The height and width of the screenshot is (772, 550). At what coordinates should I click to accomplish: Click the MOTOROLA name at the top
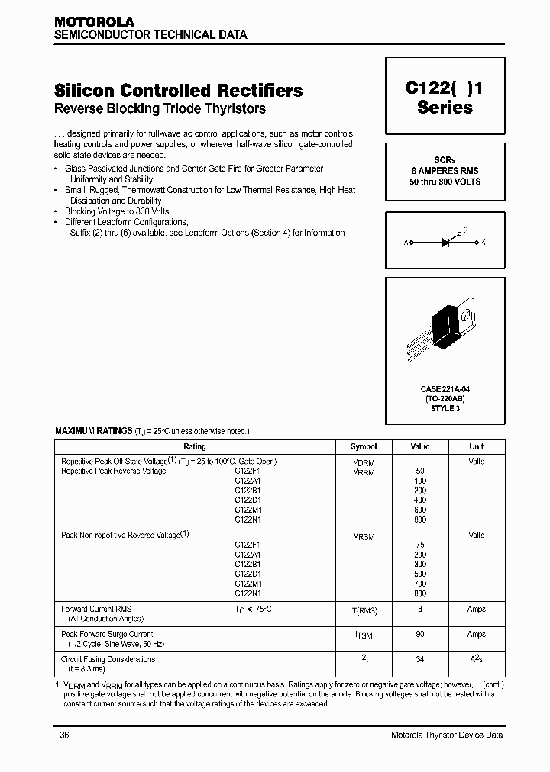click(94, 23)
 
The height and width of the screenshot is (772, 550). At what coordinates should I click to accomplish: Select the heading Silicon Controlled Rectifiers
click(179, 90)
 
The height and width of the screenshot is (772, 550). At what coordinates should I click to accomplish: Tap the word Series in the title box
click(445, 108)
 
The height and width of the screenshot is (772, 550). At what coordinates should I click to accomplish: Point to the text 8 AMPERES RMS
click(445, 171)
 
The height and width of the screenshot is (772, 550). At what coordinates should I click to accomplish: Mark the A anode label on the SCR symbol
click(406, 242)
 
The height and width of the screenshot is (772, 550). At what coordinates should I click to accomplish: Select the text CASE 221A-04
click(445, 389)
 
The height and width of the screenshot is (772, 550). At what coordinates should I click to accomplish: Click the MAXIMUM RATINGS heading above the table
click(93, 431)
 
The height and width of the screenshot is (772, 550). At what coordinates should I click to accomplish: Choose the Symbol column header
click(364, 446)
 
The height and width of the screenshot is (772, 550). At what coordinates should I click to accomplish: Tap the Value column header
click(420, 446)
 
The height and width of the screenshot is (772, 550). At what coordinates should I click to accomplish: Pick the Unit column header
click(476, 446)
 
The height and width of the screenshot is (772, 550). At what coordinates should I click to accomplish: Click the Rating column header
click(195, 446)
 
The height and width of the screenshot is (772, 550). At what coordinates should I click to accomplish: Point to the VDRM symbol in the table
click(364, 462)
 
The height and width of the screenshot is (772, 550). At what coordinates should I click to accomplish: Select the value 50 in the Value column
click(420, 471)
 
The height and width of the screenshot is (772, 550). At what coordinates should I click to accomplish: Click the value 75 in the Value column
click(420, 545)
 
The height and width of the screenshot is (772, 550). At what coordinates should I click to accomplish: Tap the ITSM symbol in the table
click(364, 635)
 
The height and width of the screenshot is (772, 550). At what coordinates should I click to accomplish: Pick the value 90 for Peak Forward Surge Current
click(420, 634)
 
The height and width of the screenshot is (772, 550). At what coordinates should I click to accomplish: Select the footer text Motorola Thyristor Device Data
click(446, 735)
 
